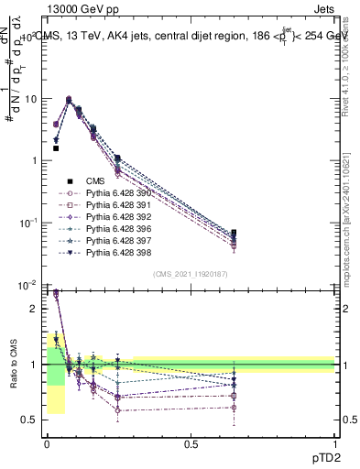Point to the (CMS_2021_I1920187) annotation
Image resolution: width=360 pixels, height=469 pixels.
point(191,274)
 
